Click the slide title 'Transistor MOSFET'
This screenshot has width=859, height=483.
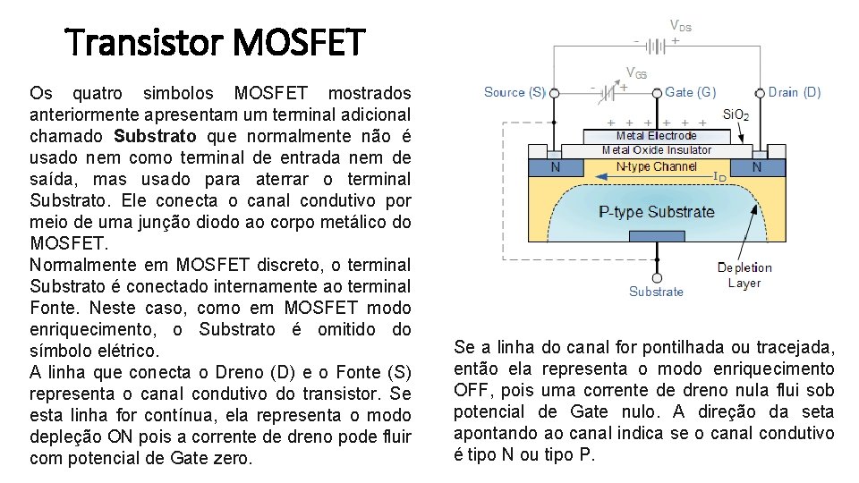tap(215, 42)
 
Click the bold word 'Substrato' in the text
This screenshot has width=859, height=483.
tap(155, 136)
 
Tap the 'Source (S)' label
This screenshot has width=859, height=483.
tap(515, 92)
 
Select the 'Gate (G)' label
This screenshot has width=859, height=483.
tap(690, 92)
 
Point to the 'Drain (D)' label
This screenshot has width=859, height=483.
tap(795, 92)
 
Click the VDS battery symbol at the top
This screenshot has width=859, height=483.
tap(656, 46)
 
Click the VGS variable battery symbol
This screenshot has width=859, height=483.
tap(608, 93)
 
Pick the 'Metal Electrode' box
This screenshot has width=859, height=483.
tap(656, 136)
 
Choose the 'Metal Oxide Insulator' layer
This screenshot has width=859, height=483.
tap(656, 150)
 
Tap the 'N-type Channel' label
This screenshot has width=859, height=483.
tap(656, 166)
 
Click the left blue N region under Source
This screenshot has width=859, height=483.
tap(556, 167)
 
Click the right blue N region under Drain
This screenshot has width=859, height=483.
tap(758, 167)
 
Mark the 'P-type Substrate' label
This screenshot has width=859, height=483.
tap(656, 212)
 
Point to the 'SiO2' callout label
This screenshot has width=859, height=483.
tap(736, 115)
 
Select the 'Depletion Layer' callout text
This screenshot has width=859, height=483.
tap(744, 275)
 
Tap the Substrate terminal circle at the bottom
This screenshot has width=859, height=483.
tap(657, 278)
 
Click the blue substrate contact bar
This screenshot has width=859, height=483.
tap(657, 236)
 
